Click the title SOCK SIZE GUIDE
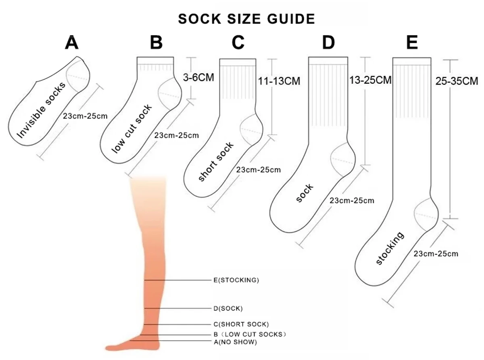tap(246, 19)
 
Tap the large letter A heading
tap(72, 42)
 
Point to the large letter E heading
tap(412, 42)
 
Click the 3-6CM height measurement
tap(198, 77)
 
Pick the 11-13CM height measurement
tap(279, 81)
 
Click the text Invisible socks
tap(41, 110)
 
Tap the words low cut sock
tap(132, 129)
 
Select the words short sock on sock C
tap(216, 162)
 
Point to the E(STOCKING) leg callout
tap(236, 280)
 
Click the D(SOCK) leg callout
tap(228, 309)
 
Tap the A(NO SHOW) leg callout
tap(235, 342)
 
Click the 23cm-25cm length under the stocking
tap(436, 254)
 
